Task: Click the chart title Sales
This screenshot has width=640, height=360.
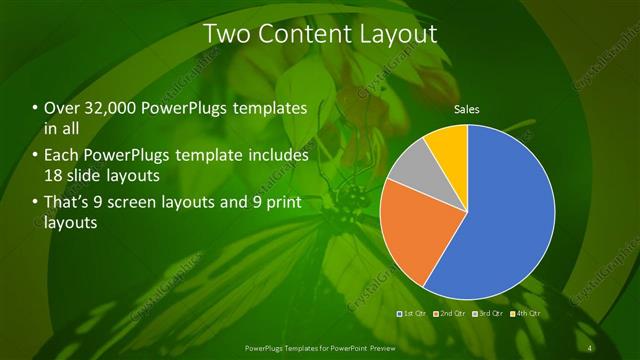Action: tap(467, 108)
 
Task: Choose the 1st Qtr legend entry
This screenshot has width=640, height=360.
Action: tap(413, 313)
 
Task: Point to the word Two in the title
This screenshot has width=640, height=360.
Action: tap(225, 34)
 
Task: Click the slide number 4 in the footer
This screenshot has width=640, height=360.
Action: tap(593, 347)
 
